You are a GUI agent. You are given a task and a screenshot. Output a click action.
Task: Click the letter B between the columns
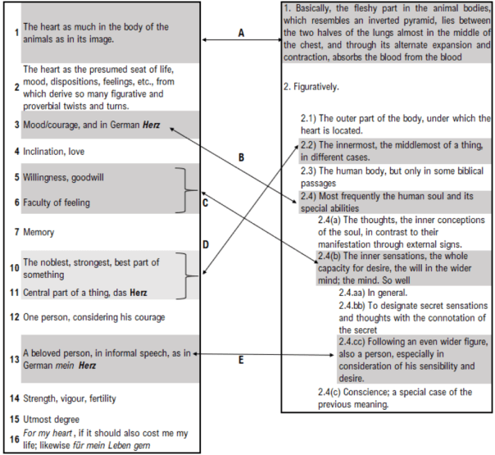(241, 156)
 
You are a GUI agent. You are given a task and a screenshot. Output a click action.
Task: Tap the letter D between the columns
(205, 244)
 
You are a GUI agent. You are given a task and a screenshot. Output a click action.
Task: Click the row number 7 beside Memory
(16, 233)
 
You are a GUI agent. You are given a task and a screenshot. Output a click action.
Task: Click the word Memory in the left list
(39, 233)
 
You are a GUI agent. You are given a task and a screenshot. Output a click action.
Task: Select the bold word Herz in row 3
(151, 126)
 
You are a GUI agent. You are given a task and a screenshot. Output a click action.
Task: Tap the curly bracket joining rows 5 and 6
(189, 190)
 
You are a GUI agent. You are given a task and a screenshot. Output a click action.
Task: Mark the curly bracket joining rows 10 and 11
(189, 276)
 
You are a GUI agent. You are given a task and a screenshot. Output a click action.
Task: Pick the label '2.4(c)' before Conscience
(332, 392)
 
